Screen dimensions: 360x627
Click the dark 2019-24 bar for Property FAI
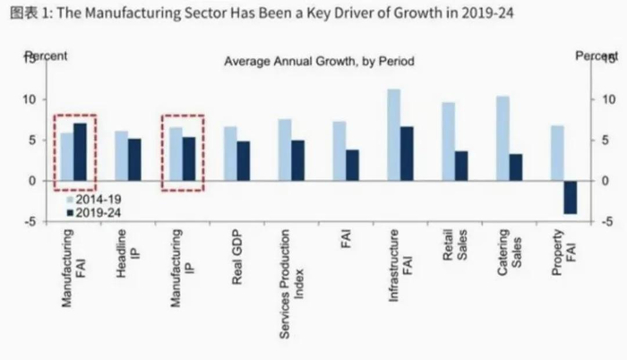click(x=570, y=197)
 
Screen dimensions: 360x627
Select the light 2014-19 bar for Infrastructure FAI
click(x=393, y=134)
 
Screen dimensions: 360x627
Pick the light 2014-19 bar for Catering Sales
click(x=502, y=138)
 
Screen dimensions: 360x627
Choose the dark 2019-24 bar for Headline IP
click(x=135, y=159)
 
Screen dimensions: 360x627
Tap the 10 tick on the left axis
click(x=29, y=99)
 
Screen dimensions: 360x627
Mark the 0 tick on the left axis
click(x=31, y=181)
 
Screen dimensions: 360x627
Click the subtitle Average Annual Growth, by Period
click(x=319, y=62)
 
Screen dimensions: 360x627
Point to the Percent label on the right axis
click(x=597, y=56)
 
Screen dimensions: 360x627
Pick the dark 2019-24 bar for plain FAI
click(x=353, y=165)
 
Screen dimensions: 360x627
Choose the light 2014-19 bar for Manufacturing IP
click(x=176, y=154)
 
